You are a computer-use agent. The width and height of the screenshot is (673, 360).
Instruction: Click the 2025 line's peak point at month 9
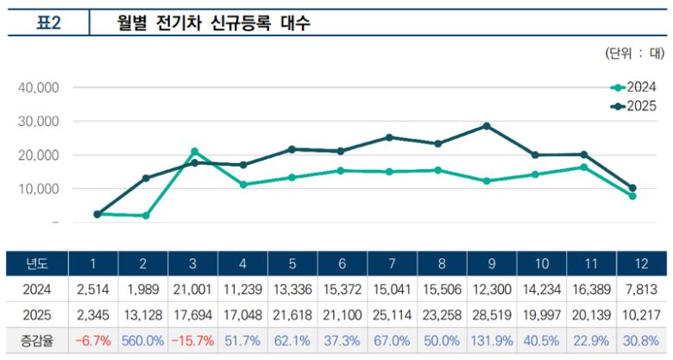pos(487,126)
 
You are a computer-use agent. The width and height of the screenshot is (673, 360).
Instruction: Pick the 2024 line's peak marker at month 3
pos(194,151)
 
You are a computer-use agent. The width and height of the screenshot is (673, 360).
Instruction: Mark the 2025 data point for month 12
pos(632,187)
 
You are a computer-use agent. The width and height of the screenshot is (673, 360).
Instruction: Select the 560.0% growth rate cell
pos(143,340)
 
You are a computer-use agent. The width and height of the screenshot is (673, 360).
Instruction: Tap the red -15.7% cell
pos(193,340)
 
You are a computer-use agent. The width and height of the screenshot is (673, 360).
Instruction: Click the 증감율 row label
pos(36,340)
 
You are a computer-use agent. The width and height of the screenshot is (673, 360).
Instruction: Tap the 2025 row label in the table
pos(36,315)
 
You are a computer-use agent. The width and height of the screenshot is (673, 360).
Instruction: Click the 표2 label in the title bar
pos(47,23)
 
